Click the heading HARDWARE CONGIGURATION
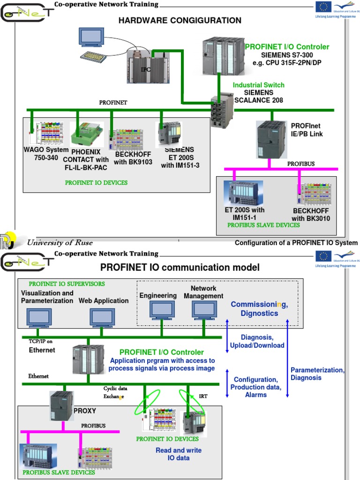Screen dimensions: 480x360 [x=180, y=21]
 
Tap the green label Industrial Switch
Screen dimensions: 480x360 [x=259, y=85]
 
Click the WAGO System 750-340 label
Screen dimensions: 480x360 [x=46, y=154]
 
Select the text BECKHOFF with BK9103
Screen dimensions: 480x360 [x=134, y=158]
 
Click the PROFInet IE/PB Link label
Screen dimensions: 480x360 [x=307, y=130]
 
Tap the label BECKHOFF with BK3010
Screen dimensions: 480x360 [x=311, y=215]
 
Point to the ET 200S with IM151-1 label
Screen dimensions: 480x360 [x=244, y=214]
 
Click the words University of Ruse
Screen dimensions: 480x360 [x=60, y=243]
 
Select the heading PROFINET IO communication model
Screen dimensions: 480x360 [x=180, y=268]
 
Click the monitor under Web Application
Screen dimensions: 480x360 [x=103, y=317]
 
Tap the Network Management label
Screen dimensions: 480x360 [x=203, y=292]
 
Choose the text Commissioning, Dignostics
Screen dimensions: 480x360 [x=259, y=309]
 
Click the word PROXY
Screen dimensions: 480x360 [x=85, y=411]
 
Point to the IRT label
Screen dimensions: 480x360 [x=203, y=396]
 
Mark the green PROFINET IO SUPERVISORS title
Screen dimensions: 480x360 [x=67, y=284]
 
